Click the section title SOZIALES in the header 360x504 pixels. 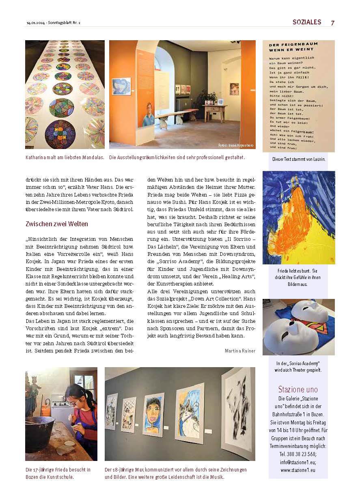(307, 22)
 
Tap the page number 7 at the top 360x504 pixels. (332, 23)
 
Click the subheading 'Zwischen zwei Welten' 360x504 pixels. (57, 224)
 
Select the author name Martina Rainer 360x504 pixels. (240, 350)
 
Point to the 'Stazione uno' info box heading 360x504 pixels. (298, 389)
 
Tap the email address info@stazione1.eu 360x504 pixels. (298, 462)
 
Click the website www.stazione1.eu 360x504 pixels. (298, 470)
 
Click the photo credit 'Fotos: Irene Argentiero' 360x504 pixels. (235, 145)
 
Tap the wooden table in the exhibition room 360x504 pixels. (215, 110)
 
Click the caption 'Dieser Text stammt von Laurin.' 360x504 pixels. (298, 159)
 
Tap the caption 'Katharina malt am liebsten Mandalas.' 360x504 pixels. (65, 157)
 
